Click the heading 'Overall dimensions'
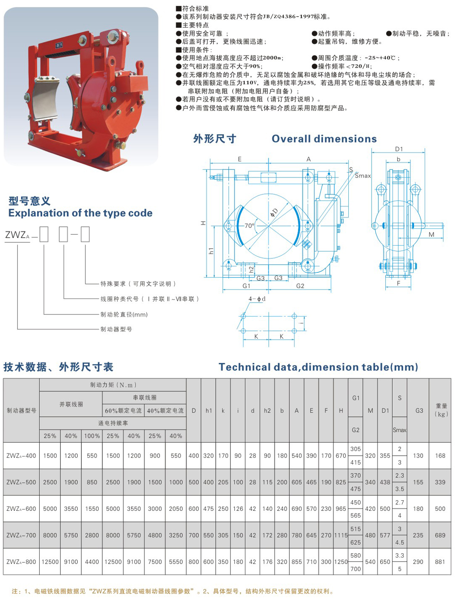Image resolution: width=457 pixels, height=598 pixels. point(324,139)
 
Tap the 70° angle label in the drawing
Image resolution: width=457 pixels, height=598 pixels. point(249,226)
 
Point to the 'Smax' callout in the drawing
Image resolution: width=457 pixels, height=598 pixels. point(363,176)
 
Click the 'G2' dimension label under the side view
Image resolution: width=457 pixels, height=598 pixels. point(300,286)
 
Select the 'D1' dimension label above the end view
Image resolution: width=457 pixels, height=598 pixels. point(399,149)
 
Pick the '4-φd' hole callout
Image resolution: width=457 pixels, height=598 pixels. point(257,299)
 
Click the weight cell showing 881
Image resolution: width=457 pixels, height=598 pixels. point(440,562)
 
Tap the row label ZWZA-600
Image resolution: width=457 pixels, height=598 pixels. point(21,509)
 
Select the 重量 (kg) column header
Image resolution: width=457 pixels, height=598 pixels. point(441,410)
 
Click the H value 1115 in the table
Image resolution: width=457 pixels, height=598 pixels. point(341,535)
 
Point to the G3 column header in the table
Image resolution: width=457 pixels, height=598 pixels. point(419,410)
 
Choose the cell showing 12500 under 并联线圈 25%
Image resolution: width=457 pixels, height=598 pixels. point(50,562)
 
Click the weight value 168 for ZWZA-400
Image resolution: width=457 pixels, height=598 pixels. point(440,456)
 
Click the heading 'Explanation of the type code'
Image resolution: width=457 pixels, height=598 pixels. point(80,213)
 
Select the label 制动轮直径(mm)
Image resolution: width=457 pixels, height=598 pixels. point(124,315)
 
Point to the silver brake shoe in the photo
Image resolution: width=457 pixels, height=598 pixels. point(46,94)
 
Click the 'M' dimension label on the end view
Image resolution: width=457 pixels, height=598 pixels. point(431,235)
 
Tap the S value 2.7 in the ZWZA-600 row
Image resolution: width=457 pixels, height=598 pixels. point(399,502)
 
